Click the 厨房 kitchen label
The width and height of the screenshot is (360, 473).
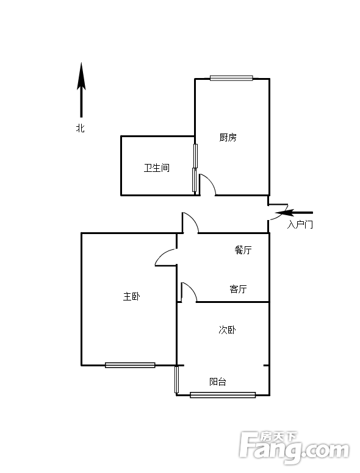coord(228,138)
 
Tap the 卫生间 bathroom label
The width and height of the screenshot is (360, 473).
coord(156,168)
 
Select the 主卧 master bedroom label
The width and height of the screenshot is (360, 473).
coord(131,296)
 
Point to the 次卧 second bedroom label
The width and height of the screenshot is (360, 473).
coord(227,330)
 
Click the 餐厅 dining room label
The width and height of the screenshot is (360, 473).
coord(243,250)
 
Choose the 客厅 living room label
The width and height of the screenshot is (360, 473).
coord(239,289)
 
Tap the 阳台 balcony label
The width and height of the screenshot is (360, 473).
coord(218,382)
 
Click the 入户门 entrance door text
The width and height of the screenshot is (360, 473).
coord(300,224)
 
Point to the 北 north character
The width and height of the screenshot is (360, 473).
coord(80,128)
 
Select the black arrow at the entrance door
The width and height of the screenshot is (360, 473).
coord(294,213)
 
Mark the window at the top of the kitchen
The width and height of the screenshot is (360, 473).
coord(231,78)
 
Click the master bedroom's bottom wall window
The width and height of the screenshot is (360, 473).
coord(130,365)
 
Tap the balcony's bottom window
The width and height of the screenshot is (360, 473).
coord(223,395)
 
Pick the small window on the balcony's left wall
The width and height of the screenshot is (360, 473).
coord(176,379)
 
